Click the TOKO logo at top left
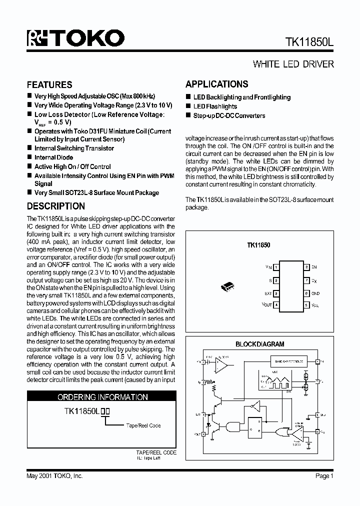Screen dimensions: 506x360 (75, 38)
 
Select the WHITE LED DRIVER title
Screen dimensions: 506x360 (293, 64)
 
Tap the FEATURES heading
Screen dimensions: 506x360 (49, 84)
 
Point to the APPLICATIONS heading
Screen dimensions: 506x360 (216, 84)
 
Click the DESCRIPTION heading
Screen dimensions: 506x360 (55, 206)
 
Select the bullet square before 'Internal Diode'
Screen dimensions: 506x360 (29, 157)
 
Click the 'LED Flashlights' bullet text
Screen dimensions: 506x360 (215, 106)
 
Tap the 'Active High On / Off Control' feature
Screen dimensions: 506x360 (72, 166)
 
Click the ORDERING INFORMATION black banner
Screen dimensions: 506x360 (102, 397)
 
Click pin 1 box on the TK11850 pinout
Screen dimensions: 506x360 (276, 267)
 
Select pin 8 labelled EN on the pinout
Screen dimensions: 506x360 (306, 267)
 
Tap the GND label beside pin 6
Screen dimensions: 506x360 (315, 293)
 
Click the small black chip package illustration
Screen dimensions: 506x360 (227, 286)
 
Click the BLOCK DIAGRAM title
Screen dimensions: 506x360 (259, 344)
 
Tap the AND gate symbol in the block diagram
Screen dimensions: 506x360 (232, 426)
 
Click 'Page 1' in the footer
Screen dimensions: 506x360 (324, 476)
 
